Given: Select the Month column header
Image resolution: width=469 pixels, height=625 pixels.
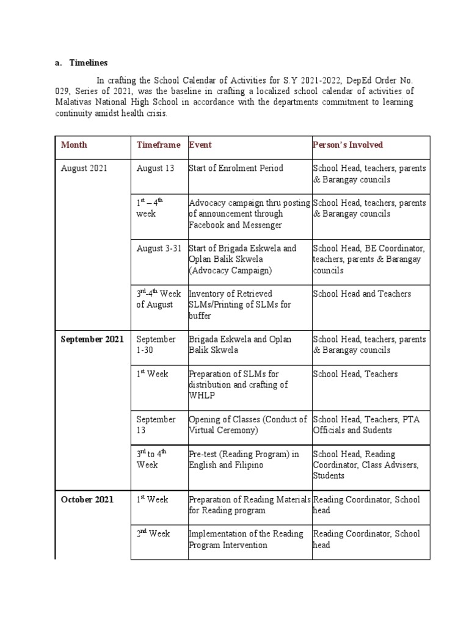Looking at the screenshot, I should click(74, 145).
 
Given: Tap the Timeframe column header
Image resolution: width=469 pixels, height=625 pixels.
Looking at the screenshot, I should click(158, 145).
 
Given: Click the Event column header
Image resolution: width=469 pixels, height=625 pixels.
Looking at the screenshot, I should click(200, 145).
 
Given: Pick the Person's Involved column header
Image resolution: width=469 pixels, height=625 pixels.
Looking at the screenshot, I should click(347, 145).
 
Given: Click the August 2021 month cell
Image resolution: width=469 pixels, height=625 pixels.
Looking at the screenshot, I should click(84, 168).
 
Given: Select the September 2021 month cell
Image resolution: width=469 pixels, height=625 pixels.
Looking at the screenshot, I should click(92, 339).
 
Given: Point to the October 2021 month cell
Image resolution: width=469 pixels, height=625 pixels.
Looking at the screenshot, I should click(87, 500).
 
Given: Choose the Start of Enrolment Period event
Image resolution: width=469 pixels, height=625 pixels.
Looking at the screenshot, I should click(236, 168).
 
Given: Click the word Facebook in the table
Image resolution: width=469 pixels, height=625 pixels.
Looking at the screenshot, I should click(209, 225).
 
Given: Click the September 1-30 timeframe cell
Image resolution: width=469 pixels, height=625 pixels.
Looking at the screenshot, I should click(156, 345).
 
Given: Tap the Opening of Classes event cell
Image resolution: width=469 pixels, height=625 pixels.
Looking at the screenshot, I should click(248, 425).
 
